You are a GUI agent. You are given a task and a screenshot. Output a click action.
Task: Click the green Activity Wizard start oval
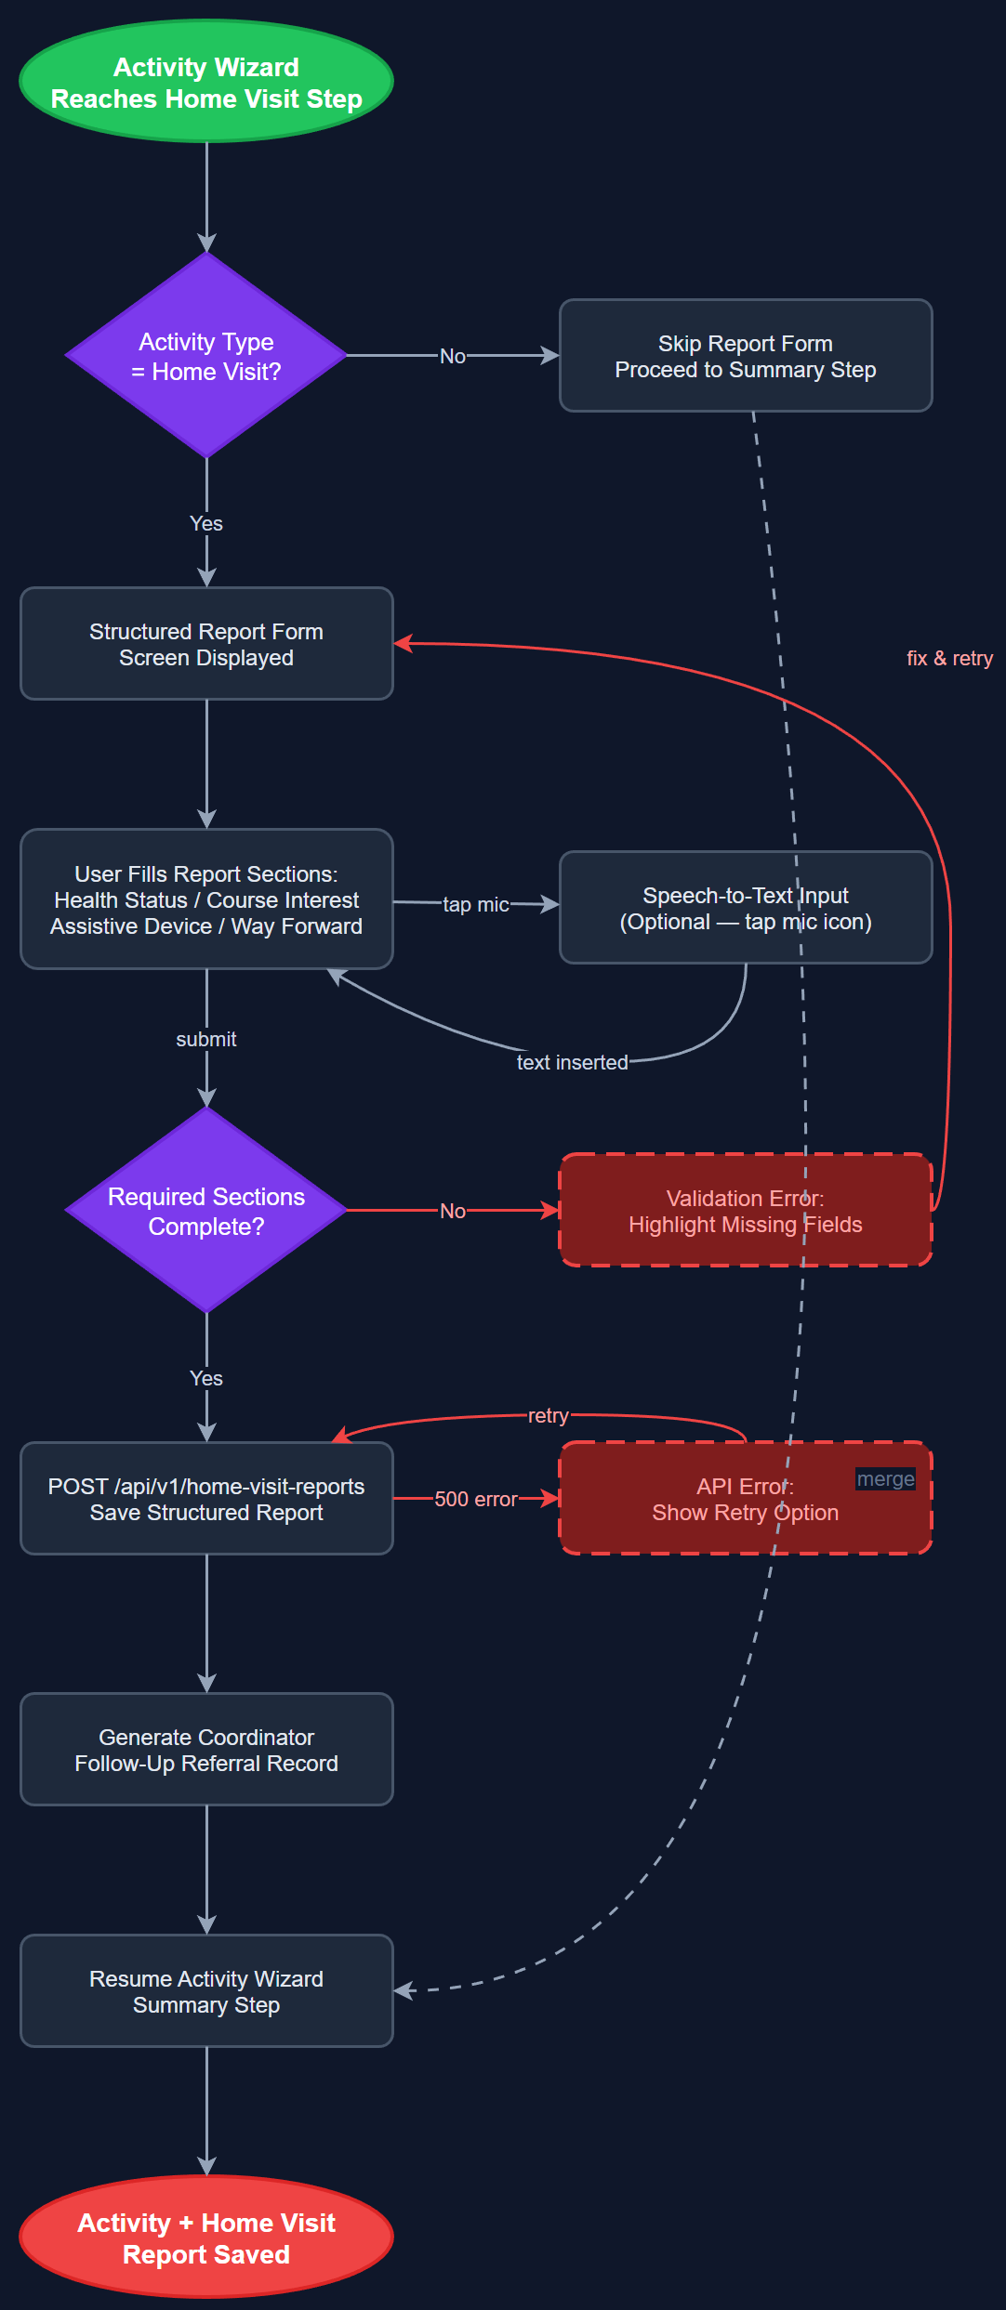pos(206,82)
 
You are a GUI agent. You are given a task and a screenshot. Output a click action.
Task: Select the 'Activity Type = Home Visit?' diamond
pos(206,356)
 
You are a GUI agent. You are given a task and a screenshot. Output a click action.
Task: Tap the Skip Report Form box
pos(745,356)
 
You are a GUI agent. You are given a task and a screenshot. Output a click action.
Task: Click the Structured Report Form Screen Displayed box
pos(206,644)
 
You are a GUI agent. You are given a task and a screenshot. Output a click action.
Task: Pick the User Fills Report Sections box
pos(206,899)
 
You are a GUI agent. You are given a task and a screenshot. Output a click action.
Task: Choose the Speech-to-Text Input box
pos(745,908)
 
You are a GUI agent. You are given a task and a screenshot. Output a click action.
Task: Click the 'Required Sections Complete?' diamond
pos(206,1211)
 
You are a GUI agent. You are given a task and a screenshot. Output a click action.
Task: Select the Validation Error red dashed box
pos(745,1211)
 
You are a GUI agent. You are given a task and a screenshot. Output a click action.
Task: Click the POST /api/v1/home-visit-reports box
pos(206,1499)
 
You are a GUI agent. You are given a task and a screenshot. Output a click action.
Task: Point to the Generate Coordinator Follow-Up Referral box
pos(206,1750)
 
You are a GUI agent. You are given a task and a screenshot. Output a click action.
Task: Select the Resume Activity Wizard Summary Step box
pos(206,1991)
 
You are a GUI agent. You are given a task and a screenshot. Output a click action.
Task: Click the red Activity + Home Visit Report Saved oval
pos(206,2238)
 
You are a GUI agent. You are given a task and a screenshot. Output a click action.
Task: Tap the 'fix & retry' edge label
pos(949,659)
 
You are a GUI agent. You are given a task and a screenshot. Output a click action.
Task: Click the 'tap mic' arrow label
pos(475,905)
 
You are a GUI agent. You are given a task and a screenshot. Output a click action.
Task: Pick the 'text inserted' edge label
pos(572,1063)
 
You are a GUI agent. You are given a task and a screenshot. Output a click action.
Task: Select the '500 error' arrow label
pos(475,1500)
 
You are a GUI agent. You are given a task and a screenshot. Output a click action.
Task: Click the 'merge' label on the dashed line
pos(885,1479)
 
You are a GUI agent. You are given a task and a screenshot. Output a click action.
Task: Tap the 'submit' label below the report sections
pos(206,1040)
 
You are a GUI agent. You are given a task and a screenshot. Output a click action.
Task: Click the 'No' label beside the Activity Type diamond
pos(453,357)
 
